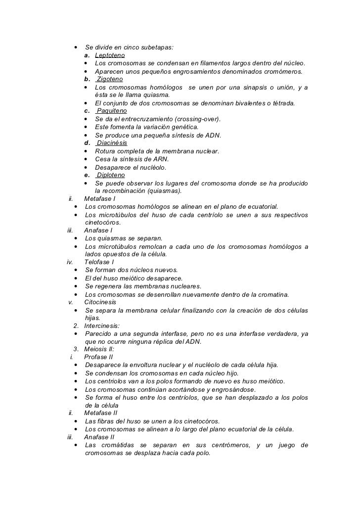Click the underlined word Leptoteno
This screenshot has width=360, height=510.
[110, 55]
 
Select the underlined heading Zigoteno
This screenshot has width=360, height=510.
[110, 79]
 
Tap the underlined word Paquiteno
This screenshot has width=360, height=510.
[112, 111]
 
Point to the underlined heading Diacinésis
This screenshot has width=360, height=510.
[112, 143]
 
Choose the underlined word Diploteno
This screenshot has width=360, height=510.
[111, 175]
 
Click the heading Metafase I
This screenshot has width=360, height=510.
[100, 199]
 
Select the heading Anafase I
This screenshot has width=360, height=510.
[98, 231]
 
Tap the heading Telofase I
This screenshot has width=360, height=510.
[99, 262]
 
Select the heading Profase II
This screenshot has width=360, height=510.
[98, 357]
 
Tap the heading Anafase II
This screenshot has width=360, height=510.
[99, 437]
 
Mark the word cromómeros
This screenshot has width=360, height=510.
[284, 71]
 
